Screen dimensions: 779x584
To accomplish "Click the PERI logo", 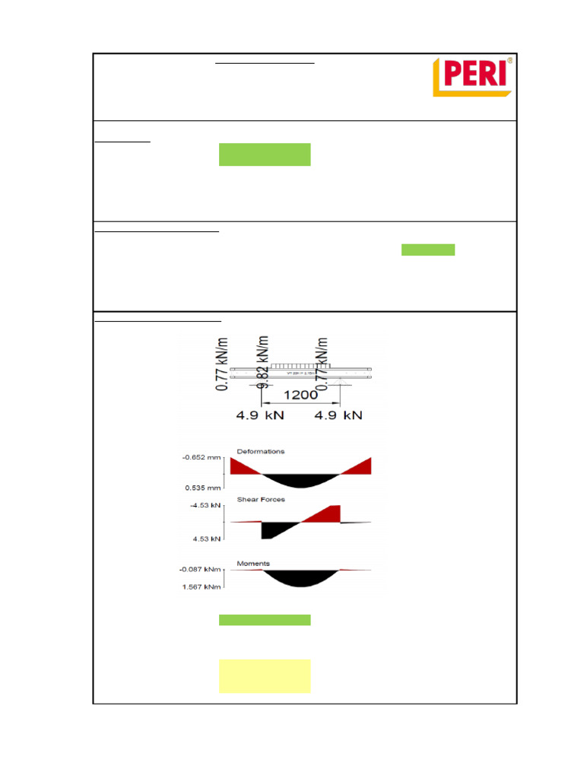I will (x=472, y=77).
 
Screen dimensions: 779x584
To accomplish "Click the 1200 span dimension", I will (x=300, y=395).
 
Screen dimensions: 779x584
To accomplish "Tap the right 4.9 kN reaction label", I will (x=338, y=415).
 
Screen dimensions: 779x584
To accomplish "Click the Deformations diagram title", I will (x=261, y=451).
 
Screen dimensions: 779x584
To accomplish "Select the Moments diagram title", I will (x=253, y=564).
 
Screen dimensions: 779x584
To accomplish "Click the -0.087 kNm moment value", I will (x=199, y=569).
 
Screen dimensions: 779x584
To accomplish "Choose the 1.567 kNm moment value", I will (x=201, y=586).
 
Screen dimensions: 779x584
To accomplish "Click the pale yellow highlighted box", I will (x=265, y=676).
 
